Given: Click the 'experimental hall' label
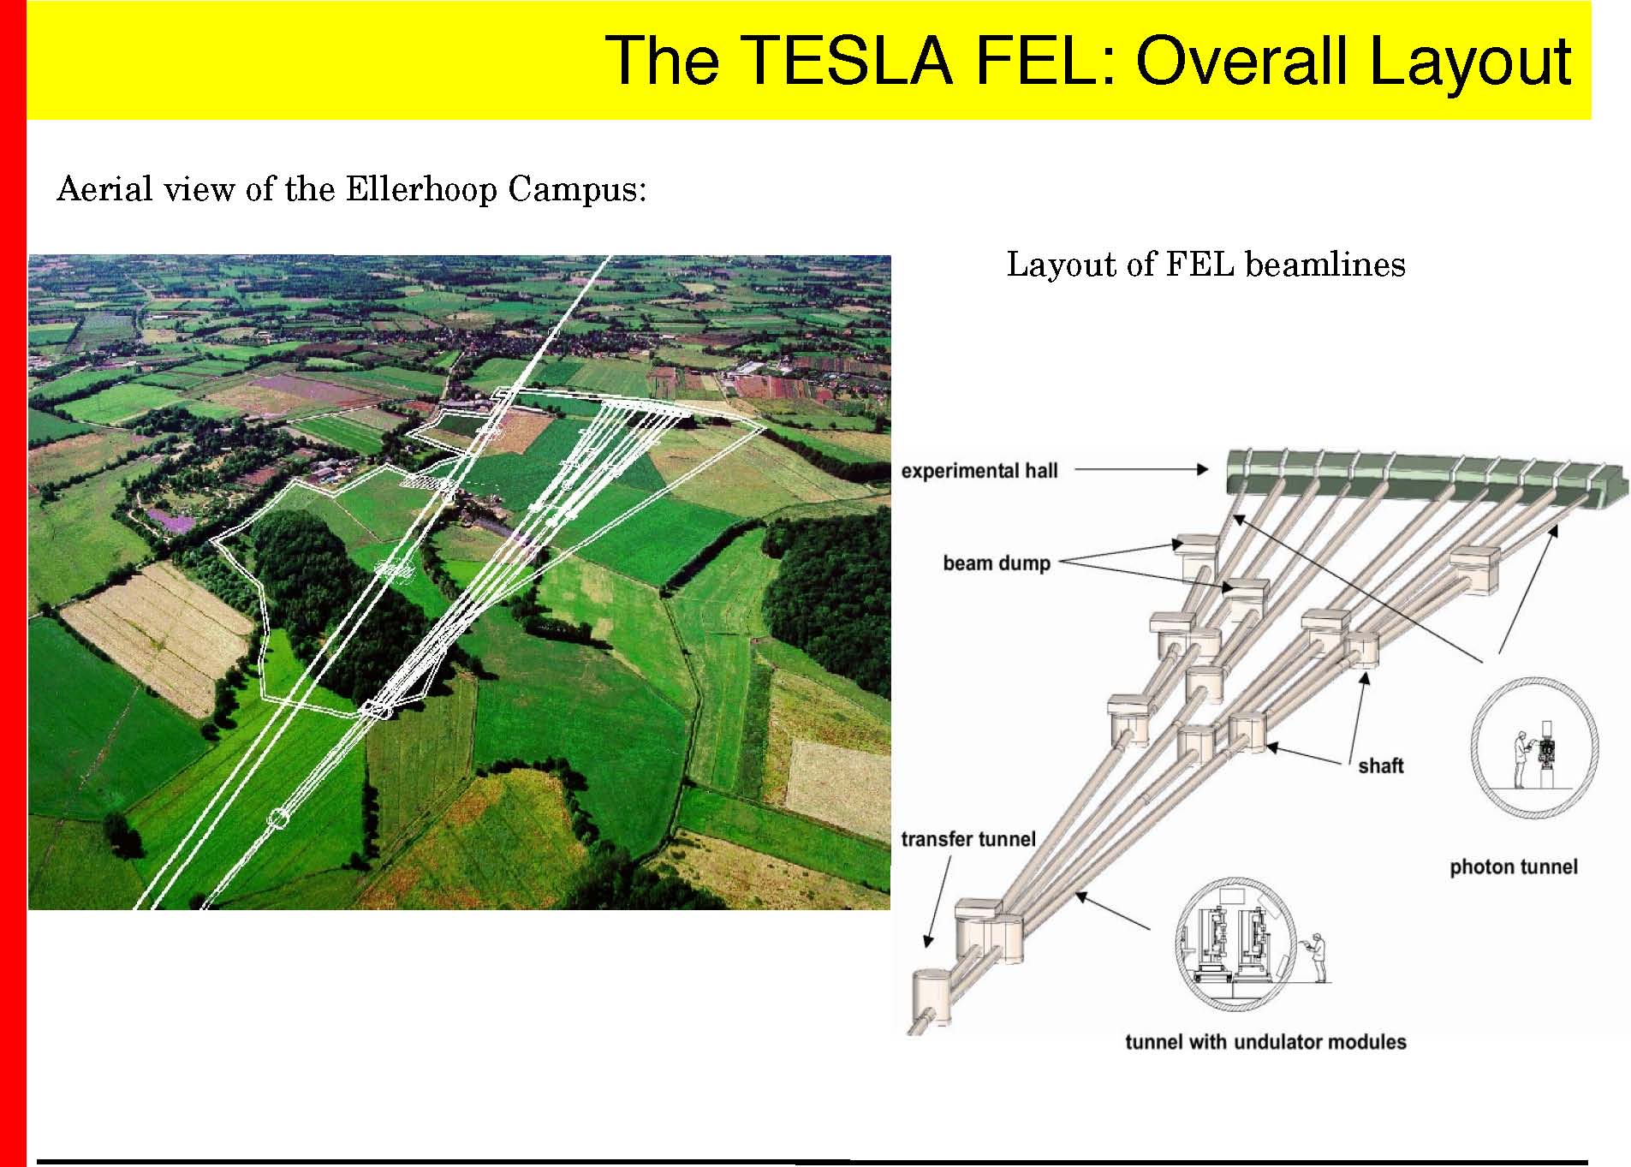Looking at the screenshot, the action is point(979,471).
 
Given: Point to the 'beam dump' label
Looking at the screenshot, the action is point(997,563).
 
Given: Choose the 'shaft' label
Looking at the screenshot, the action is point(1380,765).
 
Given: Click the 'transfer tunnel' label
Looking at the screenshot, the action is point(967,839).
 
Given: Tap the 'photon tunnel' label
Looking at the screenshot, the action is point(1513,867).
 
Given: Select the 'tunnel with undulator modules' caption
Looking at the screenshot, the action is point(1265,1042).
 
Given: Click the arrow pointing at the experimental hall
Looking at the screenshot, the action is point(1141,469).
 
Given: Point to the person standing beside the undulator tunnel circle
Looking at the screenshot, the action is point(1318,958).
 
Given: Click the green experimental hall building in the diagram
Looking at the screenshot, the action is point(1426,476).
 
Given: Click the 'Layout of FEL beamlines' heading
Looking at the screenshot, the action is point(1205,265).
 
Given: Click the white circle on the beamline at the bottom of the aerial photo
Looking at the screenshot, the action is point(277,819).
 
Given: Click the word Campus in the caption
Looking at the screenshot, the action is point(577,190).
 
